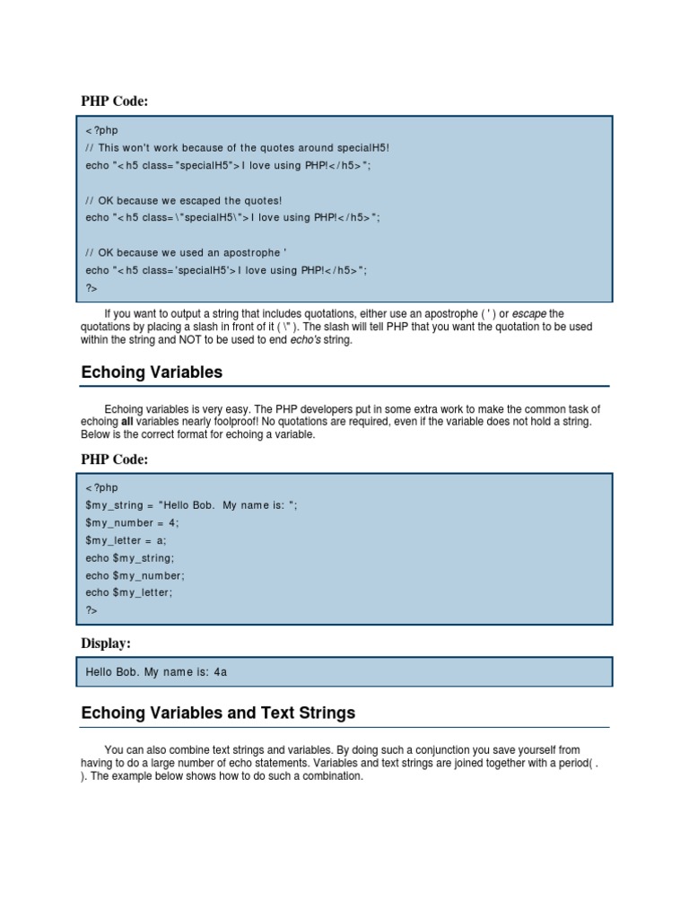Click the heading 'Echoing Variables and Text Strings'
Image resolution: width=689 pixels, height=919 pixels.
click(218, 713)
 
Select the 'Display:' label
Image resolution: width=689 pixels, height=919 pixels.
click(106, 643)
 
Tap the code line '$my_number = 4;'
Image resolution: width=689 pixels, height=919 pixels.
click(132, 522)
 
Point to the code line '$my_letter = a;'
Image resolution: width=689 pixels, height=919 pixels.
click(126, 540)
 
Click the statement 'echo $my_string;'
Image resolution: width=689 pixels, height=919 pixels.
click(130, 557)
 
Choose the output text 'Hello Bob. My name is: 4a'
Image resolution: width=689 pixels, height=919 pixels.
click(162, 671)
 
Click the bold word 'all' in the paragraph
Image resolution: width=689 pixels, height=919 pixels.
click(129, 422)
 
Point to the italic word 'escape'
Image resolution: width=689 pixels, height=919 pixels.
click(529, 313)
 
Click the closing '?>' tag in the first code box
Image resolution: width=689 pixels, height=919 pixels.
click(92, 288)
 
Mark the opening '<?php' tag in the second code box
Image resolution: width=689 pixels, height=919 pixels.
click(101, 487)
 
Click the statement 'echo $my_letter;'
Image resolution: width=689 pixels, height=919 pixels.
click(129, 592)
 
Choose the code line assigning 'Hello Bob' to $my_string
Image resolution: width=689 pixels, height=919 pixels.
click(191, 505)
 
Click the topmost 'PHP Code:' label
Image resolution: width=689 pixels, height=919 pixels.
click(114, 101)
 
